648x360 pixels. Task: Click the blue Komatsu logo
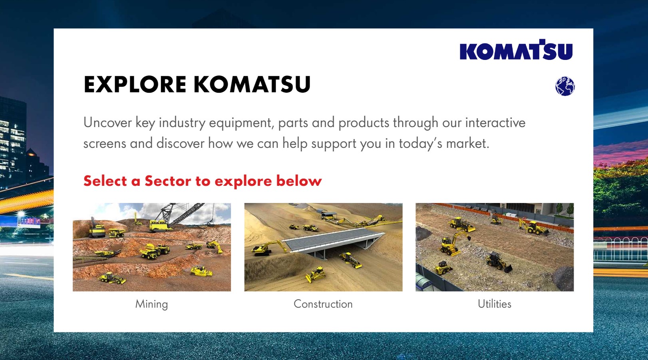[516, 50]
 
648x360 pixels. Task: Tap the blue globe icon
[565, 86]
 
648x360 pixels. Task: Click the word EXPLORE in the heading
[135, 84]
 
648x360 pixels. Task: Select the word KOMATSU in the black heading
[252, 84]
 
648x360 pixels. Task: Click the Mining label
[151, 304]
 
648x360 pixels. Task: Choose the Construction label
[323, 304]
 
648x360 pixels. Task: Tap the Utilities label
[494, 304]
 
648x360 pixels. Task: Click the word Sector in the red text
[168, 181]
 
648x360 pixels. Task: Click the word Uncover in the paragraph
[107, 122]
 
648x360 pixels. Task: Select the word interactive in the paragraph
[495, 122]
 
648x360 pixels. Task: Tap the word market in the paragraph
[467, 143]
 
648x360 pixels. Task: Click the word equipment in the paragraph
[241, 123]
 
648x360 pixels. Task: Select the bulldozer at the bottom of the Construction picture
[316, 274]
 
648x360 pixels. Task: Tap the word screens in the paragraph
[105, 144]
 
